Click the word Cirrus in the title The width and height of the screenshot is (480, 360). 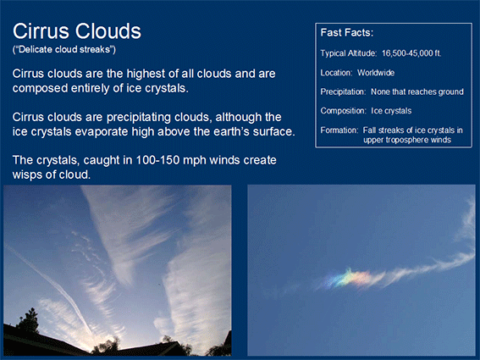(x=41, y=31)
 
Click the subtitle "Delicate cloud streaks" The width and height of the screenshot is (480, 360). (x=64, y=50)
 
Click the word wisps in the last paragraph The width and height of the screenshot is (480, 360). (x=28, y=175)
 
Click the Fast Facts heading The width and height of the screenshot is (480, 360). (x=347, y=32)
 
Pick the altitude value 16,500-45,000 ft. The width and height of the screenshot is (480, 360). (x=411, y=53)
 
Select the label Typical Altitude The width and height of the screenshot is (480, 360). (x=349, y=53)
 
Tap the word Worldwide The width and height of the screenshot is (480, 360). (x=376, y=73)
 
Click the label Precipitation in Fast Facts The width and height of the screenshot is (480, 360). (x=343, y=92)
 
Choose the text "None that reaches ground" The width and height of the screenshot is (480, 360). (x=417, y=92)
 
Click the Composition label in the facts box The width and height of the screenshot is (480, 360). (x=343, y=111)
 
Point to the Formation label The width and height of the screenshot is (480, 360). (x=339, y=130)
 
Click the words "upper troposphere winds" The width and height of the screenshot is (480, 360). (x=407, y=140)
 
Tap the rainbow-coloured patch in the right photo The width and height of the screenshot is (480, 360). (x=347, y=279)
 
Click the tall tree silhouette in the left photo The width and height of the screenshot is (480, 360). (x=29, y=320)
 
